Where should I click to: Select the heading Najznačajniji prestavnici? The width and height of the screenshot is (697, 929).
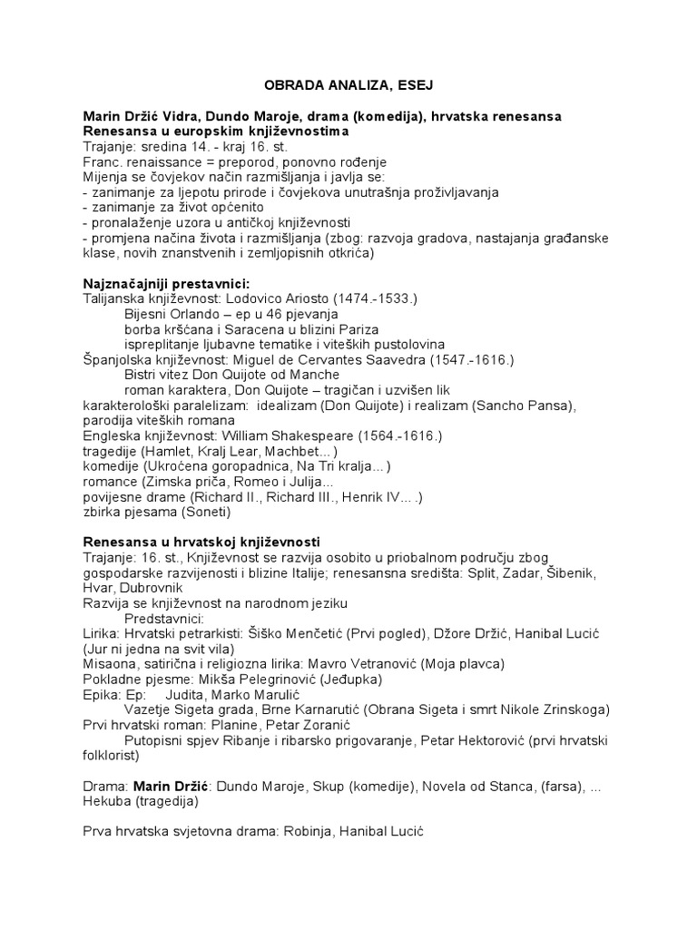point(165,282)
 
